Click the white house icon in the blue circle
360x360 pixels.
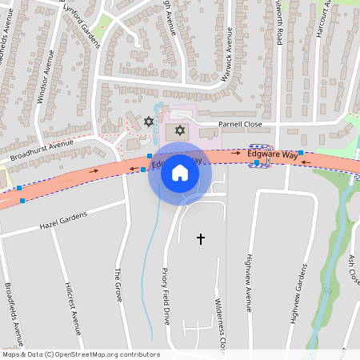[x=180, y=173]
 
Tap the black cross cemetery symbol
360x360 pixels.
[x=201, y=238]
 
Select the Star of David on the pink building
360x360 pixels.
[x=179, y=130]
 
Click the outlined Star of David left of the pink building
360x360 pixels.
[x=148, y=122]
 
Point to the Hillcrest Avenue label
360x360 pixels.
[x=75, y=308]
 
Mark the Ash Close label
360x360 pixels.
[x=354, y=268]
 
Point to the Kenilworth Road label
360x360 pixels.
[x=280, y=24]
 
